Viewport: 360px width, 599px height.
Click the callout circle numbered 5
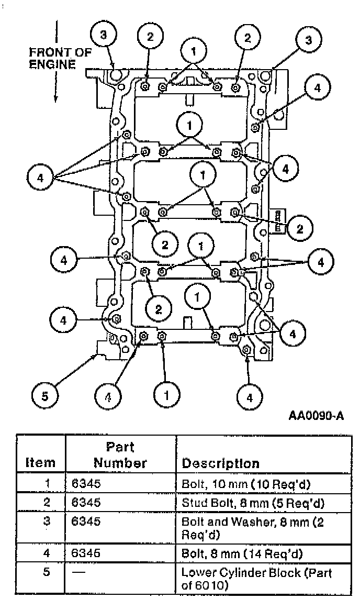coord(44,396)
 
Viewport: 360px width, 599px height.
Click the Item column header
coord(40,463)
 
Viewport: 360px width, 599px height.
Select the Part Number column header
coord(120,455)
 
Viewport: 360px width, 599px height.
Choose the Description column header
coord(220,463)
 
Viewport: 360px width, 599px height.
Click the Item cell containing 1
coord(46,483)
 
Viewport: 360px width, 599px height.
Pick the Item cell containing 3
coord(46,522)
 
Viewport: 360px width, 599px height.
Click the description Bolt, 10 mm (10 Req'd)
coord(246,484)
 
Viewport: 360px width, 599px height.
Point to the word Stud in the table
coord(192,503)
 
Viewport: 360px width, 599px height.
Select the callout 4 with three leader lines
coord(40,178)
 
